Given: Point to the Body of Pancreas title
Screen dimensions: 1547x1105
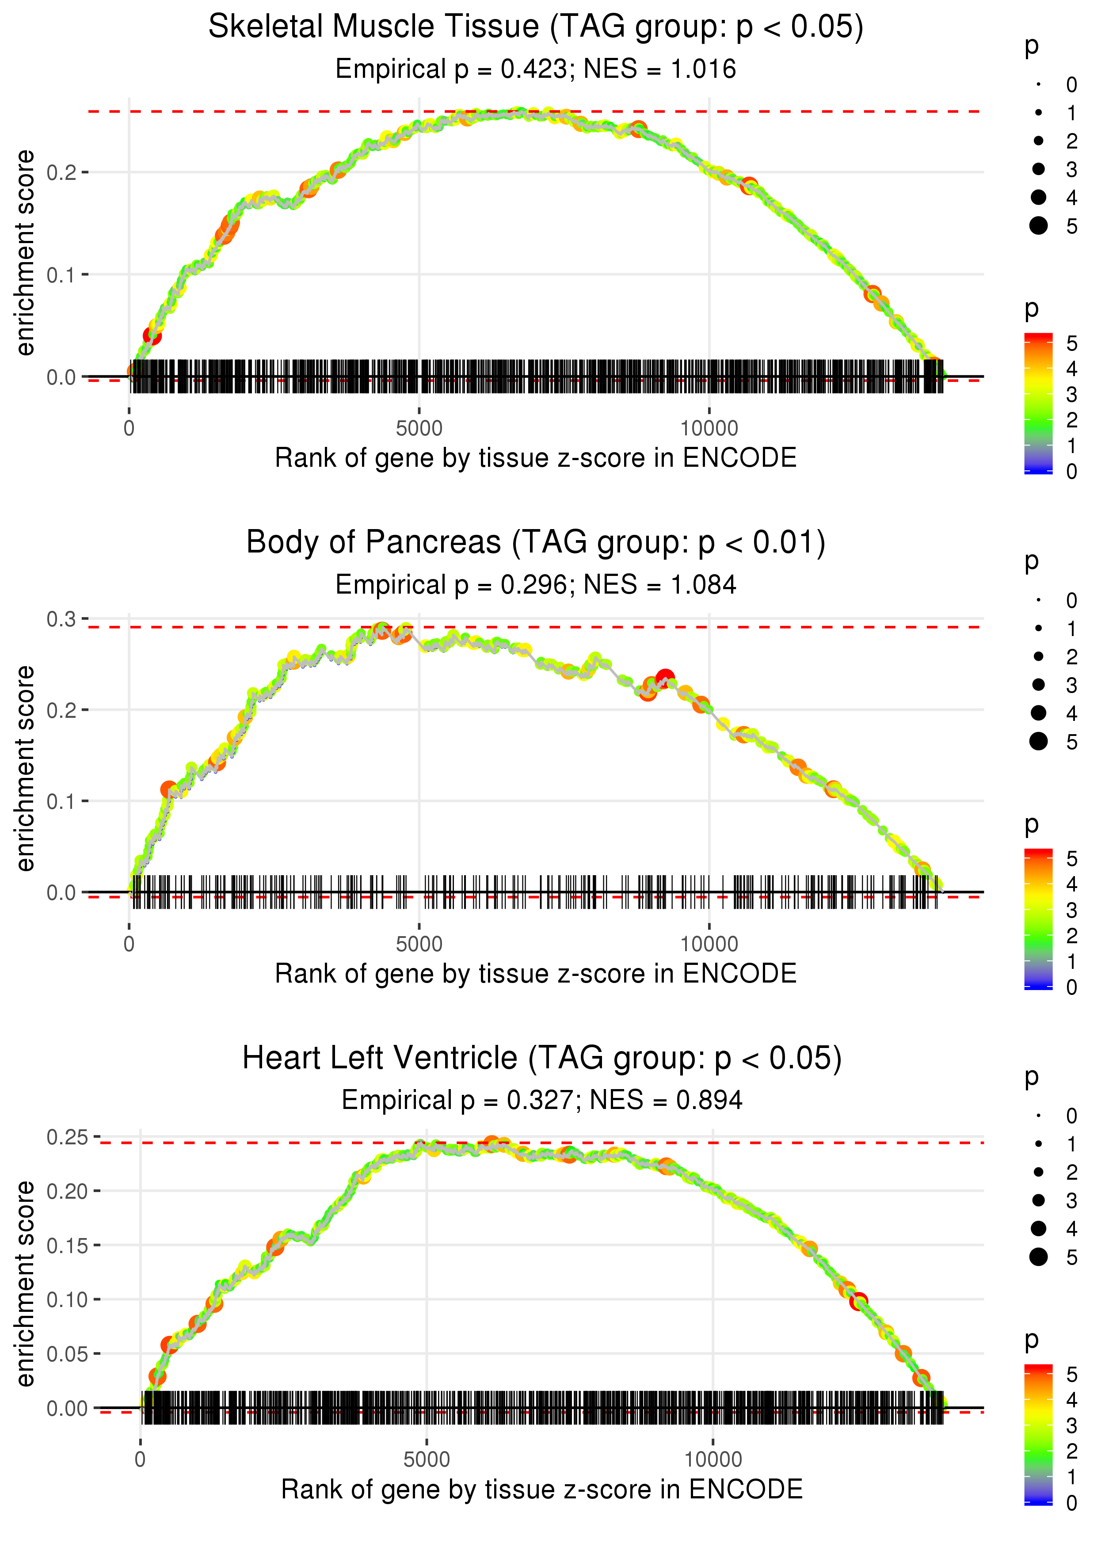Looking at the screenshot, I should (536, 543).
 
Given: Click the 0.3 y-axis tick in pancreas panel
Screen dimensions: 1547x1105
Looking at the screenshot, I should (61, 619).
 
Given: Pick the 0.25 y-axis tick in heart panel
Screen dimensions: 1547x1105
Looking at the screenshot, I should (67, 1137).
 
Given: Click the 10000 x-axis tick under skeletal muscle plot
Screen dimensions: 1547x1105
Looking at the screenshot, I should (709, 429).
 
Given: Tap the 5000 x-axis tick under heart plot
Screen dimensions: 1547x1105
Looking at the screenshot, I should (427, 1459).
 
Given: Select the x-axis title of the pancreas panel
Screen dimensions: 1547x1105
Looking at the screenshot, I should (536, 974).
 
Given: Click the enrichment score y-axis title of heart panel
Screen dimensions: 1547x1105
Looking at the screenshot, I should (25, 1284).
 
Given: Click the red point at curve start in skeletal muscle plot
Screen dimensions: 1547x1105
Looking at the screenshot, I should (152, 335).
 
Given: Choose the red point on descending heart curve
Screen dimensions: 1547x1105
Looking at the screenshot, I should (859, 1301).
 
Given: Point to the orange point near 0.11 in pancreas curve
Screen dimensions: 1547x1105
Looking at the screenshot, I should (169, 790).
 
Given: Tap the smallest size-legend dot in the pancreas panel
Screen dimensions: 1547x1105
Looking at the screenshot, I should (1038, 600).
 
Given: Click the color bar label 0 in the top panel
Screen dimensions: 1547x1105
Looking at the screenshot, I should (1072, 472).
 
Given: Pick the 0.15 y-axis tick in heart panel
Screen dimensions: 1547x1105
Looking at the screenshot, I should (67, 1245).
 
